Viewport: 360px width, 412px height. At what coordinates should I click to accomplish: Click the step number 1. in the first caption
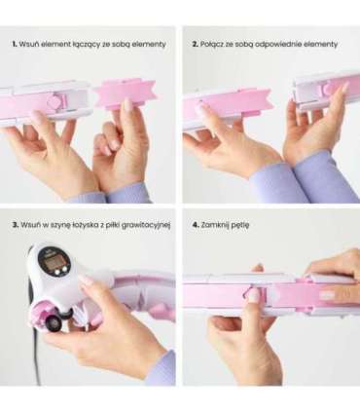click(15, 44)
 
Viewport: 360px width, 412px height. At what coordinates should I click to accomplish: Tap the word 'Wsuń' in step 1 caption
click(27, 44)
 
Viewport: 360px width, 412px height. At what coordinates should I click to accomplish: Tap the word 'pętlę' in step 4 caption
click(240, 225)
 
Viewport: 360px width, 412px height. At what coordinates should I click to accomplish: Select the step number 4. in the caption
click(196, 225)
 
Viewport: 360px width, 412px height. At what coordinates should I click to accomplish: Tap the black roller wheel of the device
click(53, 323)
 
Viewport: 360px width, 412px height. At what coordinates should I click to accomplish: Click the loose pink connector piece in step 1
click(125, 94)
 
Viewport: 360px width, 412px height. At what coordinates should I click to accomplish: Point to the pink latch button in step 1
click(54, 101)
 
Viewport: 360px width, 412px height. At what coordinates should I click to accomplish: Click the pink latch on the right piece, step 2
click(327, 89)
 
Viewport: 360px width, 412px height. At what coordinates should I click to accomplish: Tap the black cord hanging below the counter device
click(39, 356)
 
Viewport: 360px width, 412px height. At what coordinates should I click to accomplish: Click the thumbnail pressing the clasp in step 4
click(253, 295)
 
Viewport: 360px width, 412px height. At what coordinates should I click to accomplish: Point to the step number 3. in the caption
click(16, 225)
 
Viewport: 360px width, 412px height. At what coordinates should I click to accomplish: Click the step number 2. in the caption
click(196, 44)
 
